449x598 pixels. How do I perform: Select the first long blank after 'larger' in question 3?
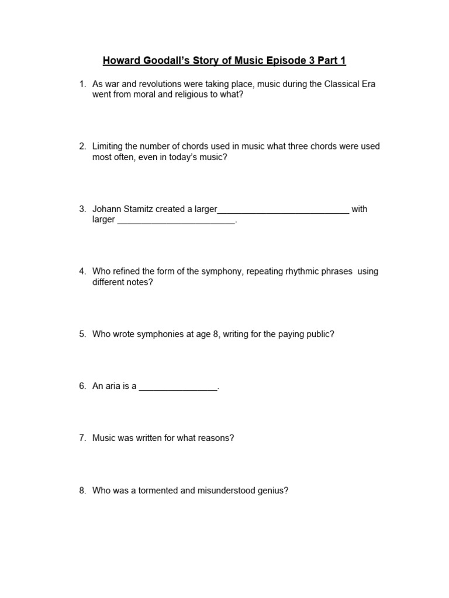coord(283,210)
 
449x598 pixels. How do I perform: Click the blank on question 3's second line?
coord(176,221)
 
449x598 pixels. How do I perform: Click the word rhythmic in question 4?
coord(302,272)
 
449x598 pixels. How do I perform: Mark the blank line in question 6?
coord(178,388)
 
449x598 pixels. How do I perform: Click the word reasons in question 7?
coord(217,438)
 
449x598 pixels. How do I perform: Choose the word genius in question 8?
coord(271,491)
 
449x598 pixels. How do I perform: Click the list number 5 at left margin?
coord(82,334)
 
